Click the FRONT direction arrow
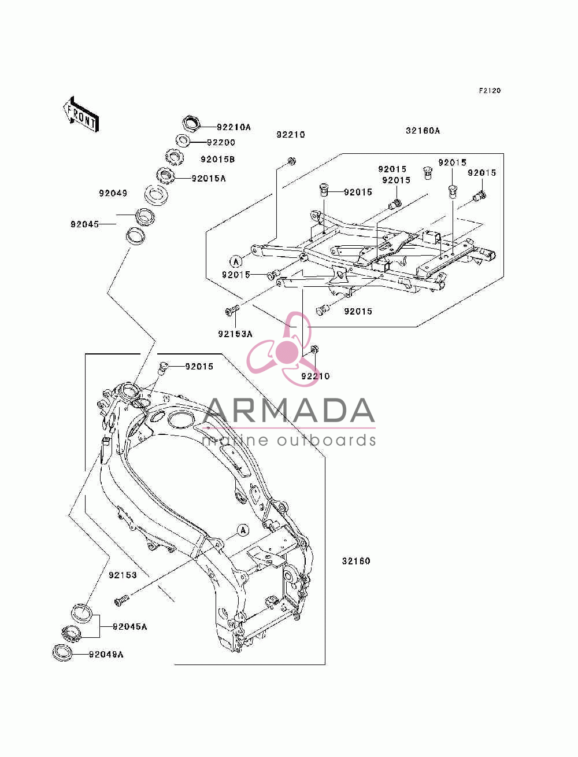pyautogui.click(x=81, y=115)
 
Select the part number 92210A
pyautogui.click(x=234, y=127)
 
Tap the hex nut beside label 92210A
pyautogui.click(x=191, y=123)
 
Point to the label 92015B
pyautogui.click(x=217, y=159)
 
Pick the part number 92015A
pyautogui.click(x=209, y=178)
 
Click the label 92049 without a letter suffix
pyautogui.click(x=113, y=193)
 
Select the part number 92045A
pyautogui.click(x=130, y=627)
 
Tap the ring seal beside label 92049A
pyautogui.click(x=62, y=652)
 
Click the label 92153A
pyautogui.click(x=235, y=334)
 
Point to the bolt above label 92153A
pyautogui.click(x=231, y=311)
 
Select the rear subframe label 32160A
pyautogui.click(x=423, y=131)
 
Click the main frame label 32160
pyautogui.click(x=356, y=561)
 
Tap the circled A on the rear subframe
pyautogui.click(x=236, y=262)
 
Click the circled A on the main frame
pyautogui.click(x=243, y=530)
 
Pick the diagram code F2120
pyautogui.click(x=490, y=90)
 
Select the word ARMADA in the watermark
pyautogui.click(x=289, y=411)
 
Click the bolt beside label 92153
pyautogui.click(x=121, y=601)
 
